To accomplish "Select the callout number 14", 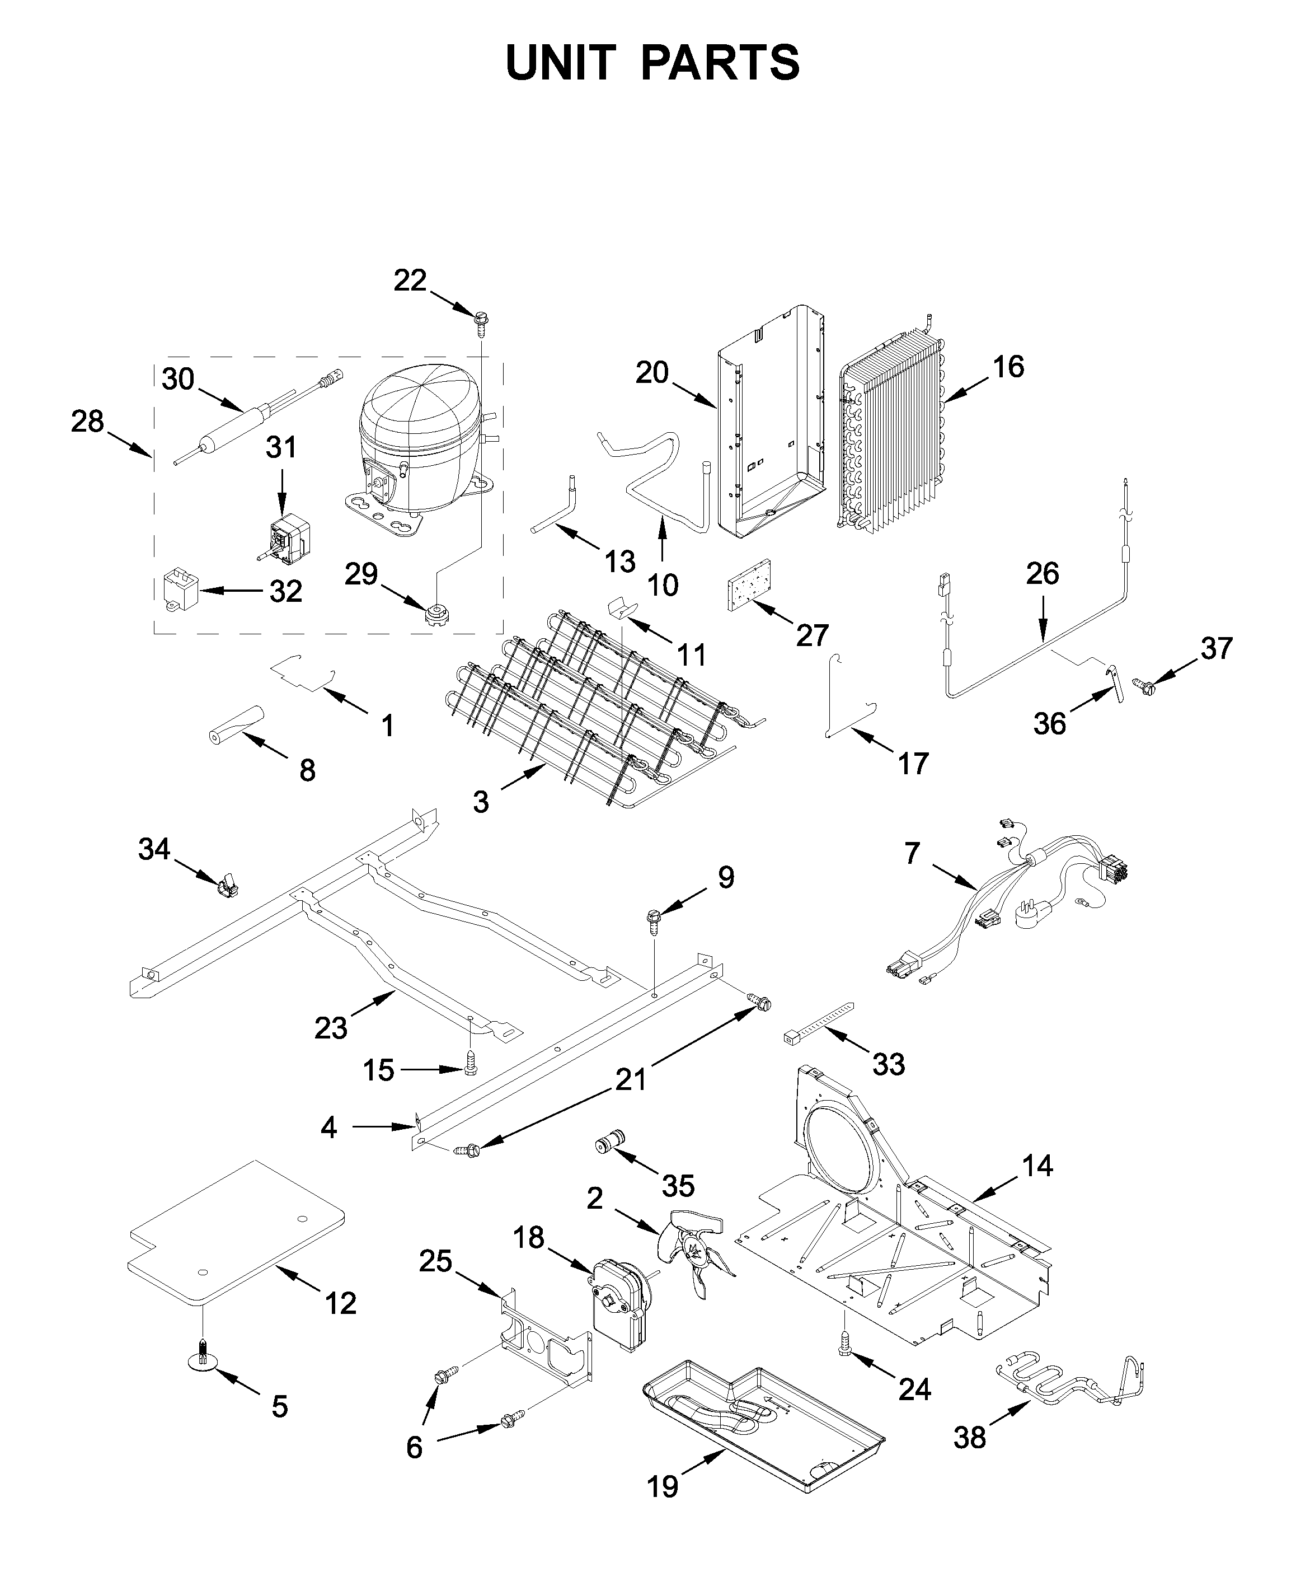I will pos(1037,1166).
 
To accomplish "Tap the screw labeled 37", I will pos(1143,682).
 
